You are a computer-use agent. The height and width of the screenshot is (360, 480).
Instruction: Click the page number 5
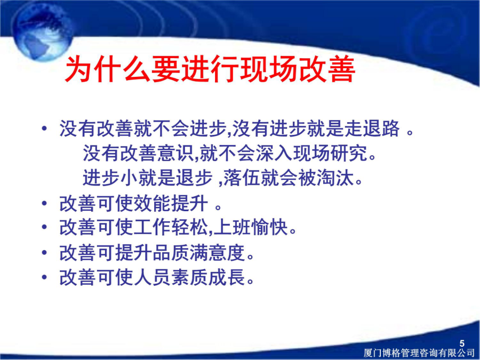click(462, 343)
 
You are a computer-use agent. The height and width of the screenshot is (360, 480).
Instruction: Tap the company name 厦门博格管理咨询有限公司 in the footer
click(419, 353)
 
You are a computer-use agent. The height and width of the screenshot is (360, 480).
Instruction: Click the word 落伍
click(242, 178)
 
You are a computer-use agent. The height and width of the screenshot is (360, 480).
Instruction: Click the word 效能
click(153, 204)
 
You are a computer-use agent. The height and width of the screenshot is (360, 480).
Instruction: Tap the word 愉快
click(270, 228)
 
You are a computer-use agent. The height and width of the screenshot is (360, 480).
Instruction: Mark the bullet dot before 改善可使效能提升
click(45, 203)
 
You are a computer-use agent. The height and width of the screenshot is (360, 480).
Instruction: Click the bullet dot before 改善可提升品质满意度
click(45, 253)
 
